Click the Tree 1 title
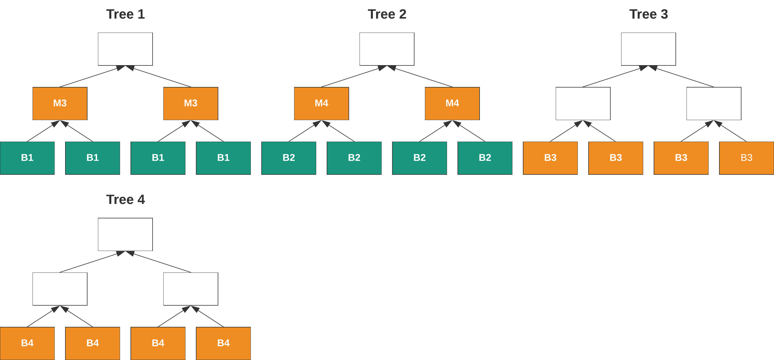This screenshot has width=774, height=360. (125, 14)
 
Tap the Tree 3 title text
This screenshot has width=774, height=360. (648, 14)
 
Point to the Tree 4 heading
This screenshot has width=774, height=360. (125, 199)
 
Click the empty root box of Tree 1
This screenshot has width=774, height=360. (125, 49)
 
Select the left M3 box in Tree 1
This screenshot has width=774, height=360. (60, 103)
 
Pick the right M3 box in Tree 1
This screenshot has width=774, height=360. (190, 103)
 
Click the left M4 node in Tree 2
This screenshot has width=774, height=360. (321, 103)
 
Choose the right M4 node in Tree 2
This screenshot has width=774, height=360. (452, 103)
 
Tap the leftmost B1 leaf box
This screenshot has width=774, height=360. (27, 158)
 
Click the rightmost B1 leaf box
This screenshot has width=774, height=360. (223, 158)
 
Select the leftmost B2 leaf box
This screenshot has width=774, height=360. (288, 158)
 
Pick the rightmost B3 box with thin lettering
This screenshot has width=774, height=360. (746, 158)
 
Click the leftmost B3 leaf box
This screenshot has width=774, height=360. (550, 158)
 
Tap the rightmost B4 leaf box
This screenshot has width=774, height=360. (223, 343)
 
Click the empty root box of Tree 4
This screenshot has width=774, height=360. (125, 234)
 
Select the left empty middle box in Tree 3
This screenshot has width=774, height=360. (583, 103)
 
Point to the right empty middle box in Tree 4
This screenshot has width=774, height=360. (190, 289)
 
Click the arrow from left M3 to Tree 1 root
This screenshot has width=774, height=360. (90, 77)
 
